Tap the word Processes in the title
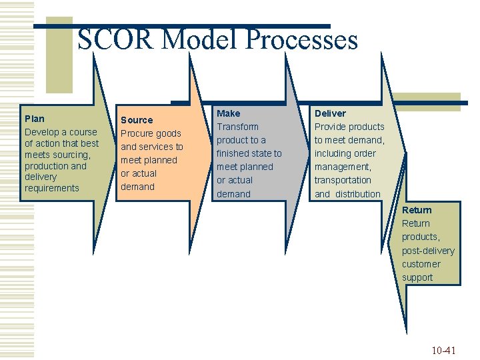[302, 40]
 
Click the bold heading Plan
[35, 119]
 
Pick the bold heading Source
[137, 120]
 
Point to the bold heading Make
[229, 113]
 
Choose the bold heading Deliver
[330, 113]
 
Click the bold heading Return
[417, 210]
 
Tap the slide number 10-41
[443, 350]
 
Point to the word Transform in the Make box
[238, 127]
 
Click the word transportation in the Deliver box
[343, 180]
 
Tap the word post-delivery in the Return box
[428, 251]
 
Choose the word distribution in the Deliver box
[358, 194]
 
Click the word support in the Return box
[417, 277]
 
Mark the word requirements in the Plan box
[51, 188]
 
